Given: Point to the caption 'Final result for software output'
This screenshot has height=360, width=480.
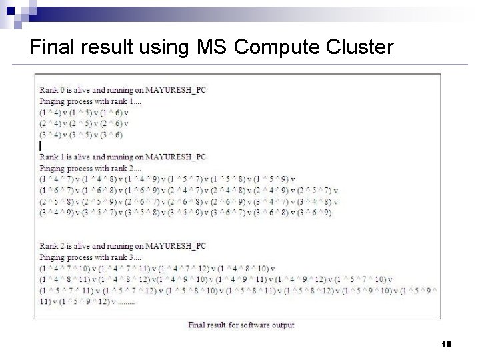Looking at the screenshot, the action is (241, 325).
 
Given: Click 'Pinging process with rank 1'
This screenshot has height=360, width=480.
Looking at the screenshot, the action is (91, 101).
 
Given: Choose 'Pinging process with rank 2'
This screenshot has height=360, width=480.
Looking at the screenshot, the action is (91, 168).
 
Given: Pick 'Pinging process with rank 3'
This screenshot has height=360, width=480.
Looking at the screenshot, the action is (91, 257).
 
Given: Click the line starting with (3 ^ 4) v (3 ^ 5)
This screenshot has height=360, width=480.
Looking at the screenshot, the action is (81, 135).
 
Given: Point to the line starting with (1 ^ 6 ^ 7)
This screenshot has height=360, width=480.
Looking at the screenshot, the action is (189, 190).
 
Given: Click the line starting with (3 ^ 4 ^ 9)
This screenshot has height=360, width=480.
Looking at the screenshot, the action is (185, 213).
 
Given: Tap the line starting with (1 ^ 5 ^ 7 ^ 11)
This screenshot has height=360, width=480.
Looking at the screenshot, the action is (237, 291).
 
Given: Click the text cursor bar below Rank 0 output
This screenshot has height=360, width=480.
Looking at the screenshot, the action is (41, 145).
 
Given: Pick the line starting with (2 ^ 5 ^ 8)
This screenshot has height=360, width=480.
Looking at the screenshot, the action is (189, 201).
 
